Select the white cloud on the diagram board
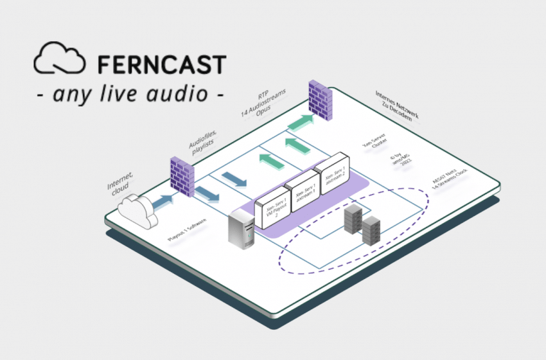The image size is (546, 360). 137,208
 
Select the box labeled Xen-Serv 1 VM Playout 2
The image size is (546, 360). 272,208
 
